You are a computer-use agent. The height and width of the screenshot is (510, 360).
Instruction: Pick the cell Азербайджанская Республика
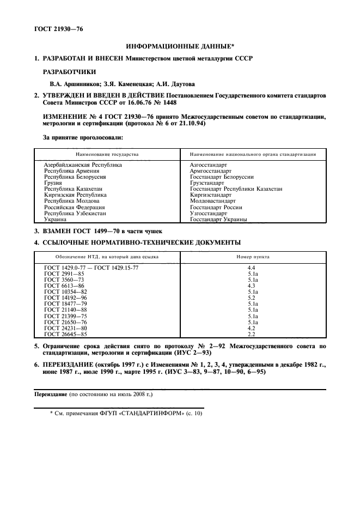(x=83, y=165)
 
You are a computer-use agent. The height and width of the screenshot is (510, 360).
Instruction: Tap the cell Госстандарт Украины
(x=218, y=220)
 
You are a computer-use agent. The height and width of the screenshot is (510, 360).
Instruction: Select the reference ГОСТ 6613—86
(x=64, y=286)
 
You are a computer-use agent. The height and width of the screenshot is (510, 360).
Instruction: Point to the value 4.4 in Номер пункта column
(x=252, y=268)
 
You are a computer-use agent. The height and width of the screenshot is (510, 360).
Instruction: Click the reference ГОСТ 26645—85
(x=66, y=334)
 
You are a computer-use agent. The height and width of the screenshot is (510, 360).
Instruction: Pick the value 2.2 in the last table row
(x=252, y=334)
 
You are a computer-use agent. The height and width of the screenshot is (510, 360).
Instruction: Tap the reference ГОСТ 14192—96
(x=66, y=298)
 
